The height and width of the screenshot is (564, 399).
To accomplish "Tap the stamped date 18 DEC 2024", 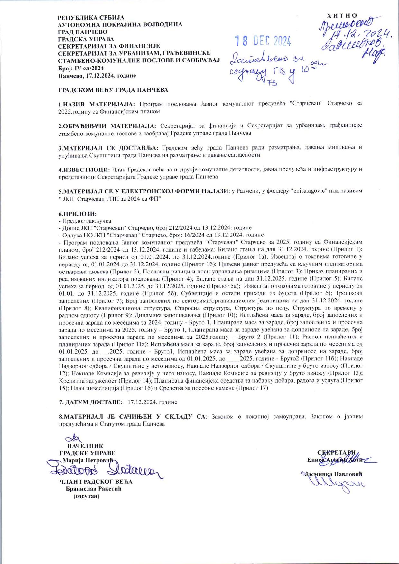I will pos(263,41).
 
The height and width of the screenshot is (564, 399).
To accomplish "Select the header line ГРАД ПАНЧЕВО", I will pos(83,32).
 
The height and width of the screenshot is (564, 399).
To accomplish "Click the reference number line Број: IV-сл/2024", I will pos(81,68).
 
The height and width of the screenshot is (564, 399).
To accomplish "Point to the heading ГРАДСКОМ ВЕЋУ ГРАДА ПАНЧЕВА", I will pos(113,90).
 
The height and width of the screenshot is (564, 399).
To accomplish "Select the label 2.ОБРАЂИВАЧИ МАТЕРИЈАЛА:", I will pos(107,125).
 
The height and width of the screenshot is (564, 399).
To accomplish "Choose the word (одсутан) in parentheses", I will pos(87,496).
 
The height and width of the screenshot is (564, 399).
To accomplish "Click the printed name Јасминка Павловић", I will pos(333,474).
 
